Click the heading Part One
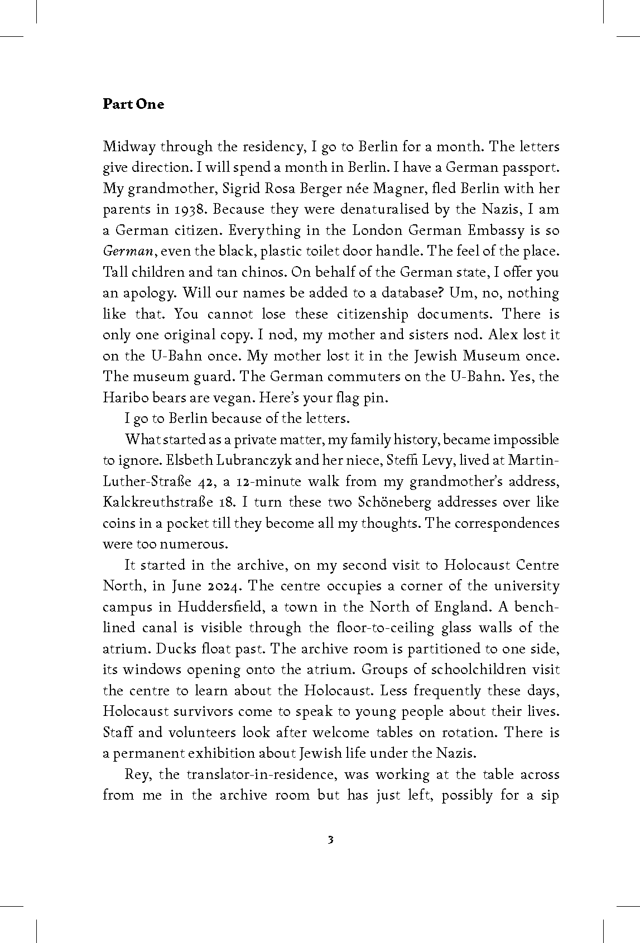tap(133, 104)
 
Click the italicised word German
tap(128, 252)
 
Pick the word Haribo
tap(122, 397)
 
